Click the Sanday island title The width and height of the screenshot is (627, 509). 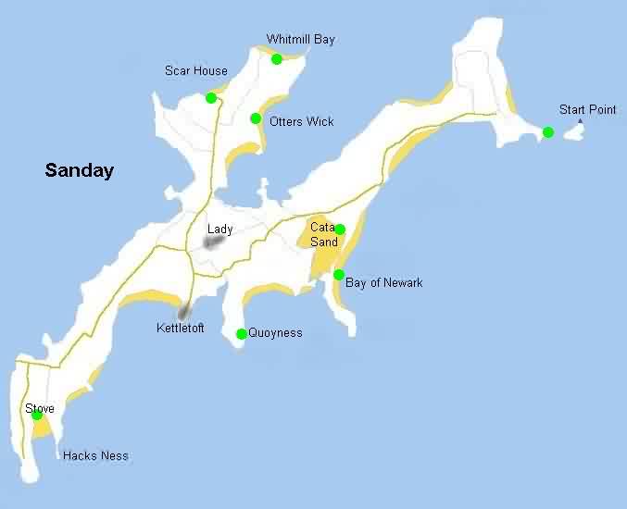[80, 170]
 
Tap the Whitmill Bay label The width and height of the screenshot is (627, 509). [301, 40]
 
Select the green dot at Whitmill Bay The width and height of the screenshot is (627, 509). [276, 59]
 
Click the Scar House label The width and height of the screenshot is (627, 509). [196, 70]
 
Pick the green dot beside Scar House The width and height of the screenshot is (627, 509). [211, 98]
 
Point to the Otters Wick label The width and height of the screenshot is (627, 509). [302, 122]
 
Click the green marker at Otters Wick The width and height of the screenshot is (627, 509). [256, 118]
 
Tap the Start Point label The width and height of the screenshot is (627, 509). [587, 110]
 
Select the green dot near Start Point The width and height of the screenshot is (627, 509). [548, 132]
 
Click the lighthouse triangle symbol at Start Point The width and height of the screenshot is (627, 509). [581, 121]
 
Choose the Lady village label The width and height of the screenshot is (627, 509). [220, 230]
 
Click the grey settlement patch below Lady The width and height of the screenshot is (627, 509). [214, 242]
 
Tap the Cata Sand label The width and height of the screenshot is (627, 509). [323, 235]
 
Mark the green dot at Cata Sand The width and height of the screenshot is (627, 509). [340, 230]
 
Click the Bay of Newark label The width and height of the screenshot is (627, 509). [383, 283]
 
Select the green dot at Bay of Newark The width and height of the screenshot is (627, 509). [339, 275]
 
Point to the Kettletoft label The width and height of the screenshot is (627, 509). [181, 329]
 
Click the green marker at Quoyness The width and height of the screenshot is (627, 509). [242, 334]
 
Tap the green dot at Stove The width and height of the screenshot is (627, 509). [37, 415]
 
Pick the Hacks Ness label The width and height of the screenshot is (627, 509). [95, 456]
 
